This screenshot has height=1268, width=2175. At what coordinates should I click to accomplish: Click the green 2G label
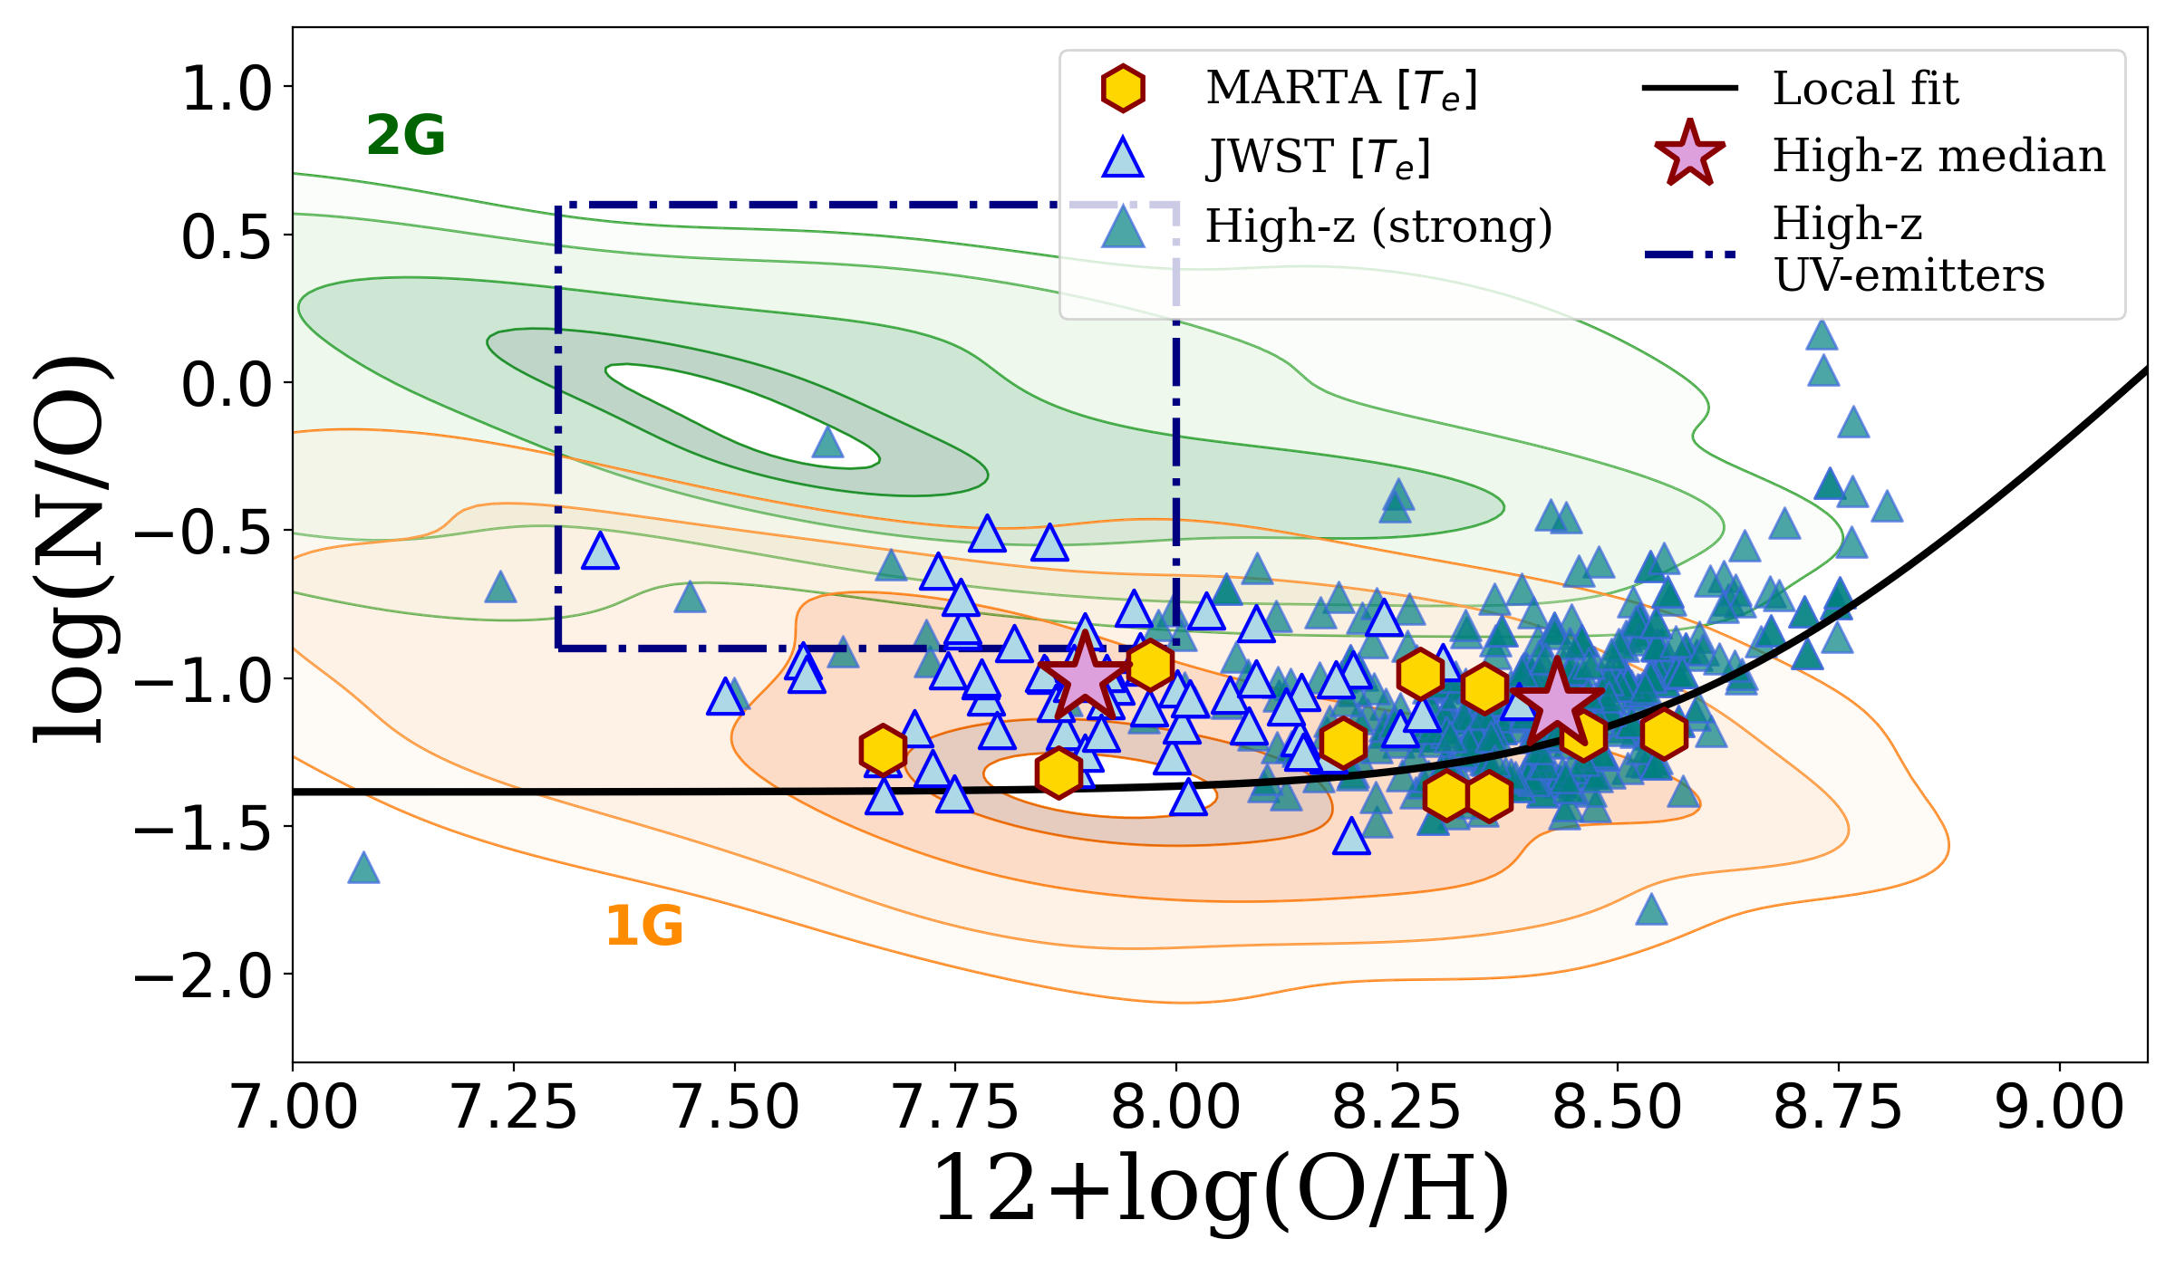tap(405, 136)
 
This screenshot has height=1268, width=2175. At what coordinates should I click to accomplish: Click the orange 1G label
tap(643, 927)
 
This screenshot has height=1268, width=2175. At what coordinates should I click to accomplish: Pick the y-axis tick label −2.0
tap(203, 976)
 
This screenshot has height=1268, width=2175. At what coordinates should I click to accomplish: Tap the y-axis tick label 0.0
tap(227, 384)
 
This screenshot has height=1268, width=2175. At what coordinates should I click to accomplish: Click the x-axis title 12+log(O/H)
tap(1220, 1190)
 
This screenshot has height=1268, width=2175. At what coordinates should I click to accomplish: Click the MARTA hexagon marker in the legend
tap(1123, 89)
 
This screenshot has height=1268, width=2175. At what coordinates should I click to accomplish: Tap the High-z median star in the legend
tap(1689, 155)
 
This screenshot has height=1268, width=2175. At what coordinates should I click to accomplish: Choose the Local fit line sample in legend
tap(1689, 88)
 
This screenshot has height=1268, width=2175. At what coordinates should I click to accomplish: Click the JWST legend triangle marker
tap(1123, 158)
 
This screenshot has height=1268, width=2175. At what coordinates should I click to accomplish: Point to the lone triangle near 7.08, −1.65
tap(363, 869)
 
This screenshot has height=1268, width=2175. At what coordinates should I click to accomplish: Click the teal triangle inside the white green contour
tap(827, 443)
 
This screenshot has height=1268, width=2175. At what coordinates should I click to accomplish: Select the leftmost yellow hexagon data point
tap(883, 750)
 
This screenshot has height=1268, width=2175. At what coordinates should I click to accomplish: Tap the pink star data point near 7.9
tap(1084, 676)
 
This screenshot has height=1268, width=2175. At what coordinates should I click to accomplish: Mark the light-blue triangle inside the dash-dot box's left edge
tap(600, 551)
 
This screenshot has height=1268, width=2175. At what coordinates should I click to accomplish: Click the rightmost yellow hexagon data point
tap(1664, 734)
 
